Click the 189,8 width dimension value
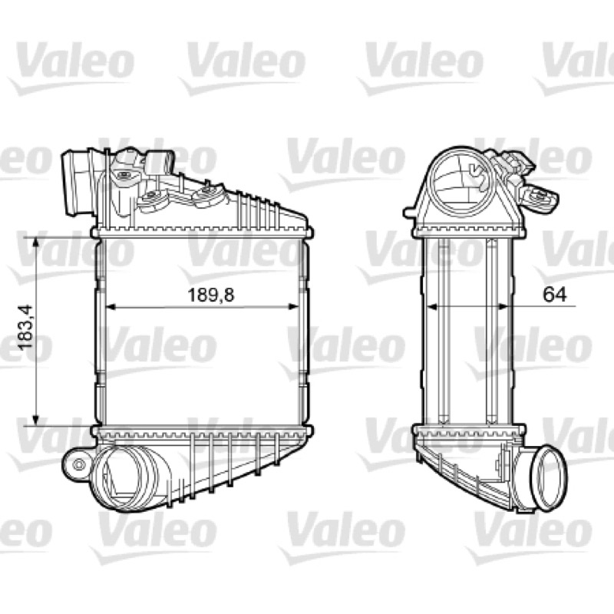coord(211,295)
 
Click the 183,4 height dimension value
coord(26,328)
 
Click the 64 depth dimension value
coord(554,295)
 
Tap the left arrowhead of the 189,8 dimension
coord(111,306)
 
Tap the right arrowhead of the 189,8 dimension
coord(294,306)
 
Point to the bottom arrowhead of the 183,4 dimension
coord(35,420)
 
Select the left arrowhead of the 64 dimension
coord(431,306)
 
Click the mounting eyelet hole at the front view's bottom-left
coord(80,464)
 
